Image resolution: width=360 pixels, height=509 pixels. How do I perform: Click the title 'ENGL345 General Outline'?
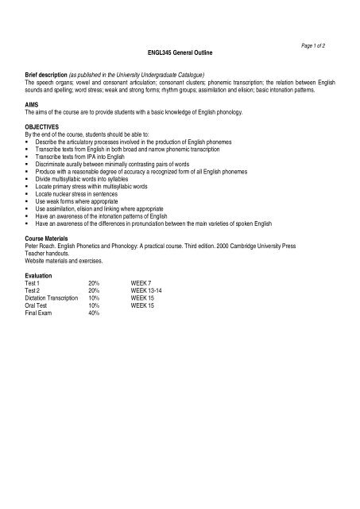179,52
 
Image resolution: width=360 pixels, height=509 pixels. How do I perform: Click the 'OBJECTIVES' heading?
42,126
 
